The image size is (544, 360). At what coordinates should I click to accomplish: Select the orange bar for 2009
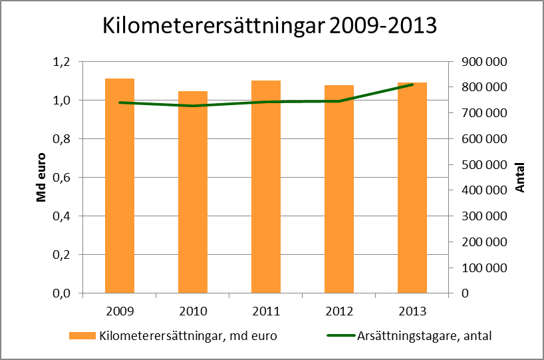[120, 186]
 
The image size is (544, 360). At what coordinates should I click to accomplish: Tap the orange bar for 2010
[193, 193]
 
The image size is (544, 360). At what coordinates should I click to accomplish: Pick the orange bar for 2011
[266, 186]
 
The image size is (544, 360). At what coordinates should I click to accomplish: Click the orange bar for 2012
[339, 190]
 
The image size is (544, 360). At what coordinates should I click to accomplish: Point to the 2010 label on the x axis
[193, 311]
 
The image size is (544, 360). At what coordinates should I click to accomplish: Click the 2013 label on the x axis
[412, 311]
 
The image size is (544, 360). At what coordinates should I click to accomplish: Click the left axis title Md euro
[41, 177]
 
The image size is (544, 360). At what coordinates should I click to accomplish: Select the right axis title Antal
[520, 178]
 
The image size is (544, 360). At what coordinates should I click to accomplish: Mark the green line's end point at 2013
[412, 85]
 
